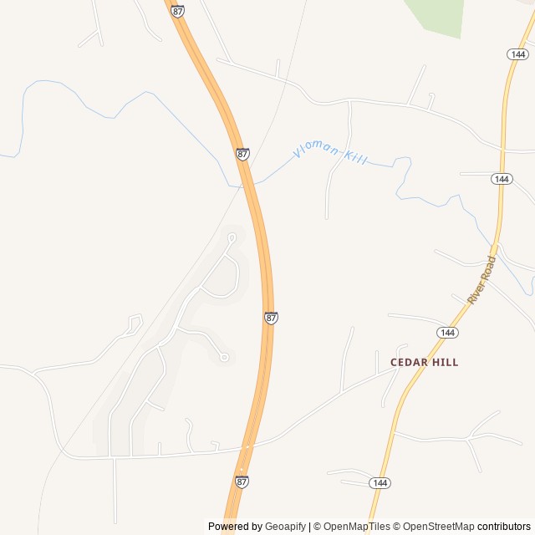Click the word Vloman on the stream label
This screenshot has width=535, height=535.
tap(315, 151)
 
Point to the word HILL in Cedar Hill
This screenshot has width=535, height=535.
tap(444, 363)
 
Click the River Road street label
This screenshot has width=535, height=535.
tap(481, 279)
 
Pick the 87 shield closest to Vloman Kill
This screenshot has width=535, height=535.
tap(242, 154)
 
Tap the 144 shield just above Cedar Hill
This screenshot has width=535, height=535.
tap(447, 333)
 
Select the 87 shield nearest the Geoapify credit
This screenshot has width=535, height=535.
tap(242, 481)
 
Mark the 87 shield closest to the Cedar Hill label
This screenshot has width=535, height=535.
tap(271, 318)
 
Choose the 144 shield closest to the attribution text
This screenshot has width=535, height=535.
tap(380, 483)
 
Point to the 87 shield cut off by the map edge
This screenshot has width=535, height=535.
tap(177, 10)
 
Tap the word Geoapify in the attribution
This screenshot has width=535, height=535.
tap(286, 527)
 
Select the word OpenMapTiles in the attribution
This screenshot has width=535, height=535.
tap(357, 527)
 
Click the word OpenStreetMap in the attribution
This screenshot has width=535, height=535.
tap(438, 527)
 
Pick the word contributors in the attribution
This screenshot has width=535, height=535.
tap(504, 527)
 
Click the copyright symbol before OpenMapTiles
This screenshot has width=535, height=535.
tap(318, 527)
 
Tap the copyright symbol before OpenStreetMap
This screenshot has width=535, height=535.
tap(397, 527)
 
